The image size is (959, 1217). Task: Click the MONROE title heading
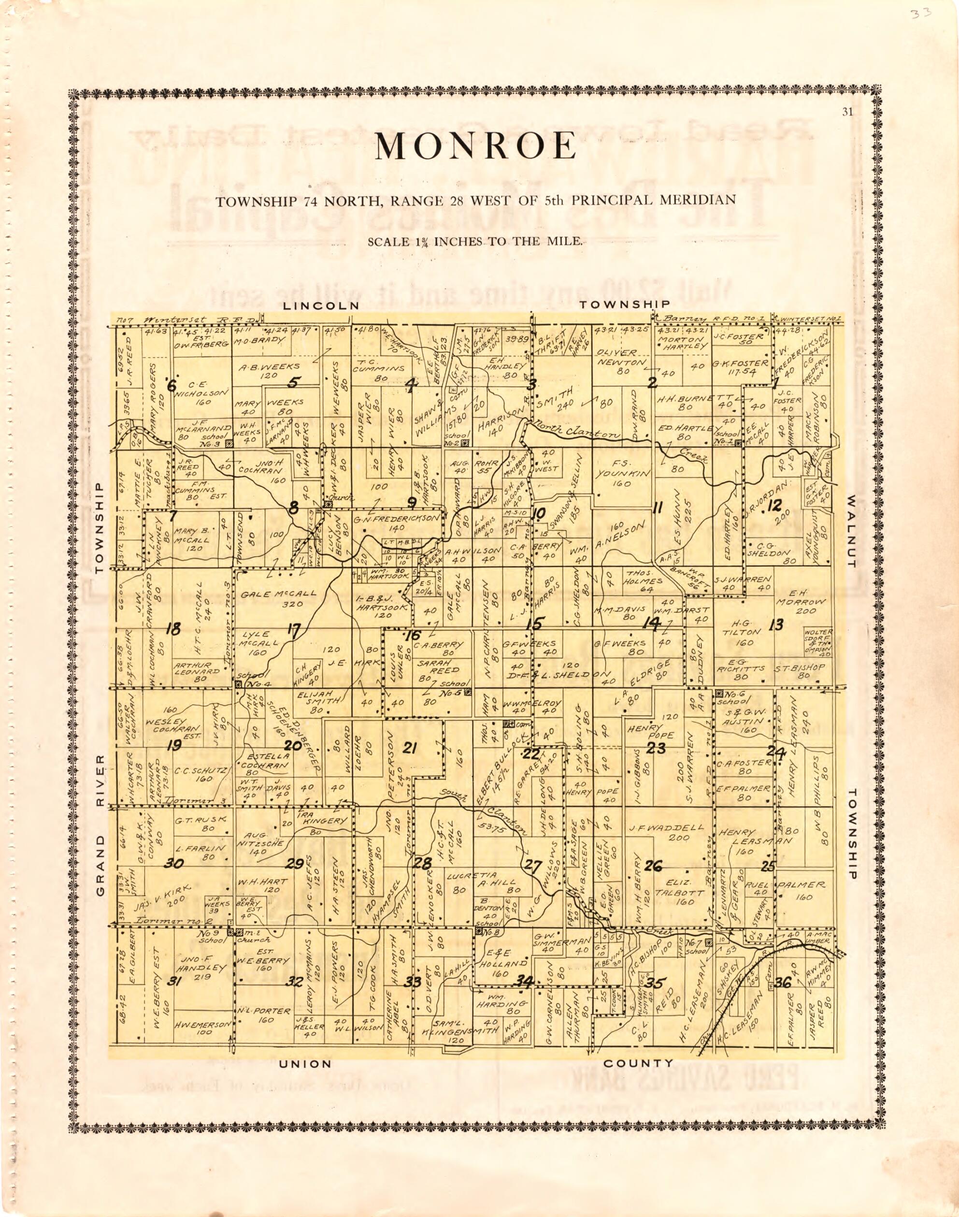(475, 146)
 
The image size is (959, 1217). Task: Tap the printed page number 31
(848, 112)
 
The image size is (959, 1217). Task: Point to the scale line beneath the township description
(475, 243)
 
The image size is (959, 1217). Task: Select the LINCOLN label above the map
(321, 305)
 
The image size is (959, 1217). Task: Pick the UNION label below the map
(306, 1063)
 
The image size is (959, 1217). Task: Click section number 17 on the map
(294, 630)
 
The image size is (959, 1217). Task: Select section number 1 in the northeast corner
(775, 384)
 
